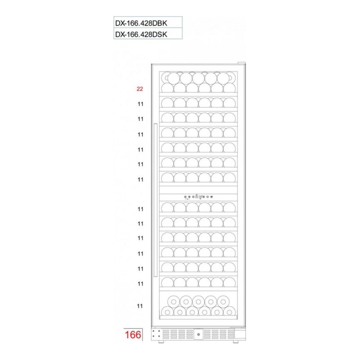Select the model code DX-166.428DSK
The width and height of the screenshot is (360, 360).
140,34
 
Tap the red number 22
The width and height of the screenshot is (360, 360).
139,89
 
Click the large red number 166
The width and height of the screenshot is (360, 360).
132,334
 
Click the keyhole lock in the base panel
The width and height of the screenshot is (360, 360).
198,334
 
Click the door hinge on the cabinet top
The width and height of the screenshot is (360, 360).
241,63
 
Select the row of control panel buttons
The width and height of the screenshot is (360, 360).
198,197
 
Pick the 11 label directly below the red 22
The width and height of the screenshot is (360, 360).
140,104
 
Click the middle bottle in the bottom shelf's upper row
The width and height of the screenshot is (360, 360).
198,301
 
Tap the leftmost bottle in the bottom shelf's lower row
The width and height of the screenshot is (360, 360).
167,312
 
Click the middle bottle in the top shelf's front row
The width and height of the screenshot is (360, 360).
198,78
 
